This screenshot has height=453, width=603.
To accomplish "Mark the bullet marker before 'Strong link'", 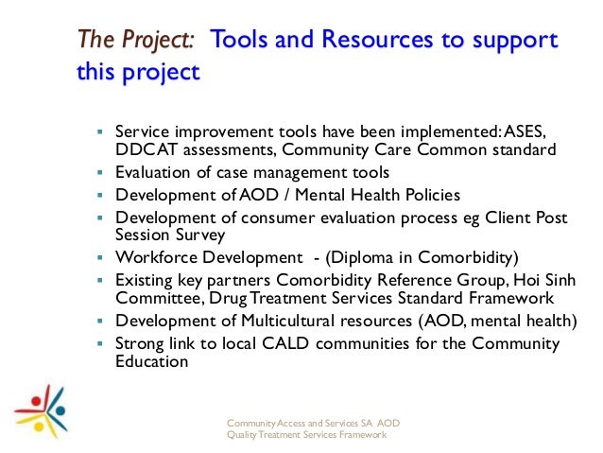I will point(99,343).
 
